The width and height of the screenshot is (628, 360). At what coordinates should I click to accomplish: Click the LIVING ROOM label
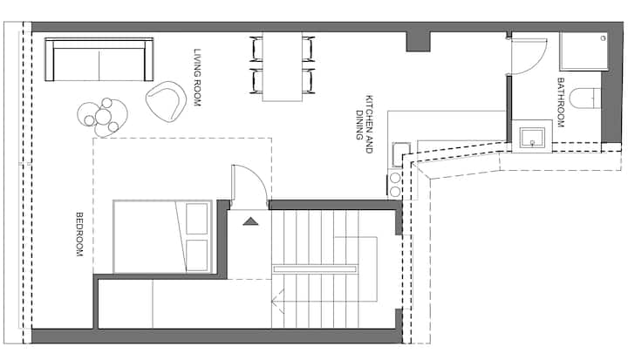pos(197,78)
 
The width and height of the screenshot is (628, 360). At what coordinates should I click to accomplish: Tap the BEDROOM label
pos(79,234)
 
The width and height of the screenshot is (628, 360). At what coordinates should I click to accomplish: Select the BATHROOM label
pos(561,103)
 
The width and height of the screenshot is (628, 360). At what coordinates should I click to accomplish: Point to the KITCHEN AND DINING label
pos(364,124)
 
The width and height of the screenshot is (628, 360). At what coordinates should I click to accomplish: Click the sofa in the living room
pos(99,59)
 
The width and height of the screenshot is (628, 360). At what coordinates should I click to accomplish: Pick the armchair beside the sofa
pos(166,102)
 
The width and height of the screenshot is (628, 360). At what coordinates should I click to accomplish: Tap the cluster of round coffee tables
pos(103,117)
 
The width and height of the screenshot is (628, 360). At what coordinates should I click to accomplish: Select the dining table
pos(283,66)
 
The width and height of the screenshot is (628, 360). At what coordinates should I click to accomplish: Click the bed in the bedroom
pos(162,237)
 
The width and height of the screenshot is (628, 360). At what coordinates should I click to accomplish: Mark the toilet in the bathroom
pos(585,98)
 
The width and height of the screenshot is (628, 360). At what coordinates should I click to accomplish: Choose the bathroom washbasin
pos(532,137)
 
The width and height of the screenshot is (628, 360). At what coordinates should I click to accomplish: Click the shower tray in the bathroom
pos(584,51)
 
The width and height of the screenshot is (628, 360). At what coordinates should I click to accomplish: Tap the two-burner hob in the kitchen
pos(395,184)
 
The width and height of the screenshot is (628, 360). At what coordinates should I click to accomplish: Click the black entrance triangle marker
pos(250,221)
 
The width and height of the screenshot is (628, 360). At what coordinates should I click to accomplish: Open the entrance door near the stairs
pos(249,187)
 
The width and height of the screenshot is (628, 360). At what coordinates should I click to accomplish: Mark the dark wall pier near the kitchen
pos(418,42)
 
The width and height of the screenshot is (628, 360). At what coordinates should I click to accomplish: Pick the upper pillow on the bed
pos(197,219)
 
